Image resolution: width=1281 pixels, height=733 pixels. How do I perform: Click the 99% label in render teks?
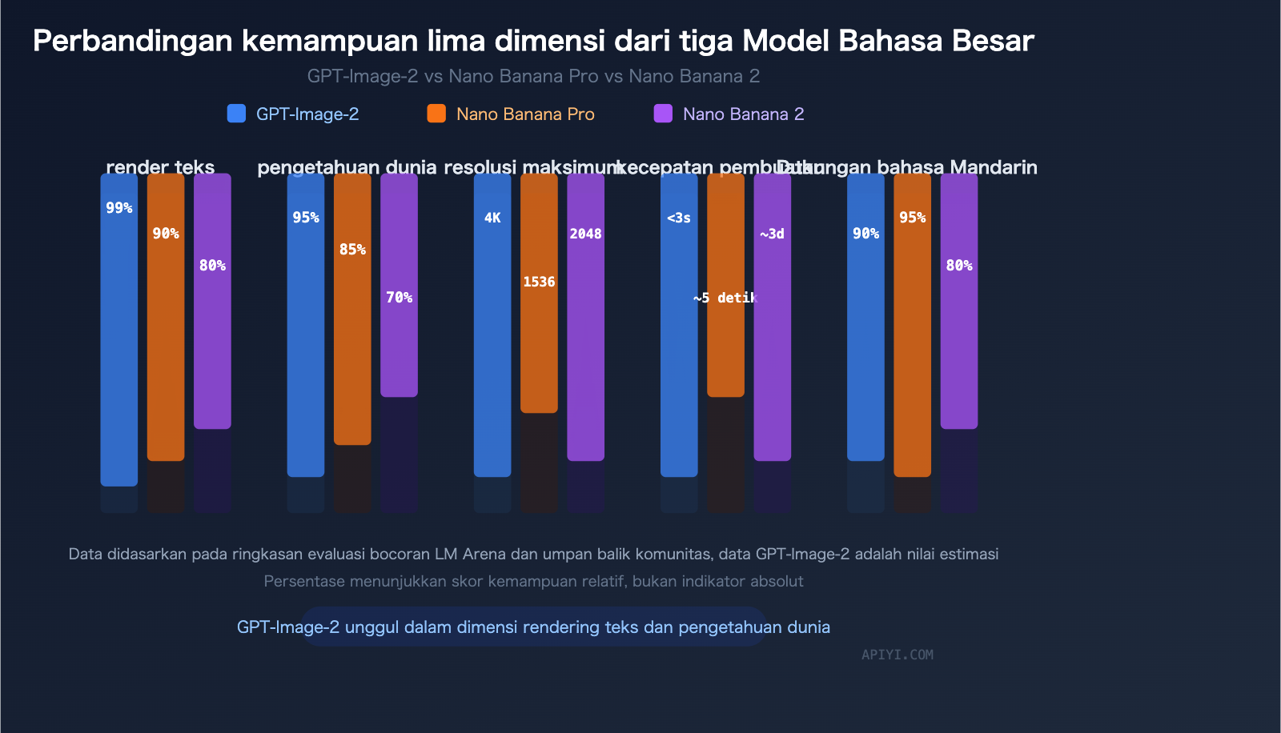point(118,208)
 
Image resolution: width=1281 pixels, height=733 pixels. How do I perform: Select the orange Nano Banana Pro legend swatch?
point(436,114)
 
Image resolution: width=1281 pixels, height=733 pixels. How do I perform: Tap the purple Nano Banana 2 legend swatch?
point(663,114)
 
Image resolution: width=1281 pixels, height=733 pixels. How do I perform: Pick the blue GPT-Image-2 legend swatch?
point(236,114)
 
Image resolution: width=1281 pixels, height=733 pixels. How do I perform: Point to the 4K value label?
point(492,218)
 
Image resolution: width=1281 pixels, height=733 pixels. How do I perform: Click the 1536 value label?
point(539,282)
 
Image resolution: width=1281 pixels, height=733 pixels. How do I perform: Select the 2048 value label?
point(585,234)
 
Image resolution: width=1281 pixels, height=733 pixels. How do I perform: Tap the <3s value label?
point(679,218)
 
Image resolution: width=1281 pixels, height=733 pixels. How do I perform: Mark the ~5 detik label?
point(725,298)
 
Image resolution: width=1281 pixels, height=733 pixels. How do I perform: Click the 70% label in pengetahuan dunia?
point(399,298)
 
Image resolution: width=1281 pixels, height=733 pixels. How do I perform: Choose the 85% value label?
point(352,250)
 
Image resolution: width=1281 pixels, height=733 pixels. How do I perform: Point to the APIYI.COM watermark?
point(897,655)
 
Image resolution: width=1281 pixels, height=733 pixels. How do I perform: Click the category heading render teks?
point(160,167)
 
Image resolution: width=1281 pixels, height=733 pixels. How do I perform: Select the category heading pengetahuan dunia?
point(347,167)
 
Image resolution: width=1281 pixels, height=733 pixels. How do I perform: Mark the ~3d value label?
point(772,234)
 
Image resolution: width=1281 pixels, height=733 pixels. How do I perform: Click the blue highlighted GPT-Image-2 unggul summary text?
point(533,627)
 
